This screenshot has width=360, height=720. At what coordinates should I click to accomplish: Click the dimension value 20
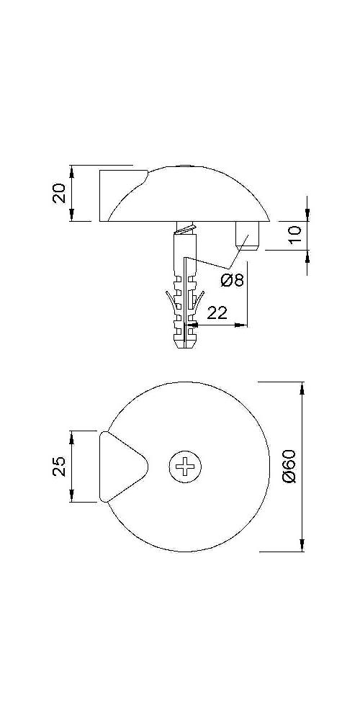(x=60, y=193)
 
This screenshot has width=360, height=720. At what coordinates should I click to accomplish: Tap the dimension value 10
(x=296, y=234)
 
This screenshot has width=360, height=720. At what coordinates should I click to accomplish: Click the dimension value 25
(x=60, y=466)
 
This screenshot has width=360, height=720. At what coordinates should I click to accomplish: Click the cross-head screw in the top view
(x=185, y=467)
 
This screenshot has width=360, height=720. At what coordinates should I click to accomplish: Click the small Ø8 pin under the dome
(x=248, y=235)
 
